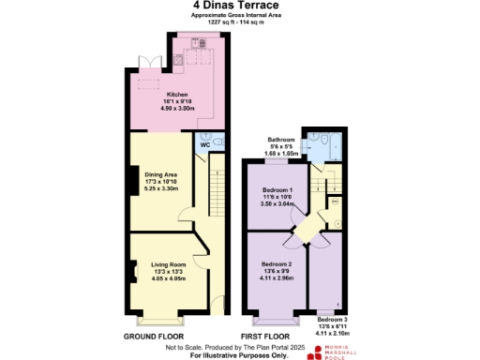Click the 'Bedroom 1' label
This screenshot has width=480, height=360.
[x=277, y=190]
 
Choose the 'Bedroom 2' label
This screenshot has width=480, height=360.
[x=277, y=264]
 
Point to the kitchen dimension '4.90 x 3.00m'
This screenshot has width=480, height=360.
[x=178, y=109]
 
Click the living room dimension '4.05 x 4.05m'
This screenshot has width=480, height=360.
[x=169, y=278]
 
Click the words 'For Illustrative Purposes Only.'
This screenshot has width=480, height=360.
[x=240, y=355]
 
